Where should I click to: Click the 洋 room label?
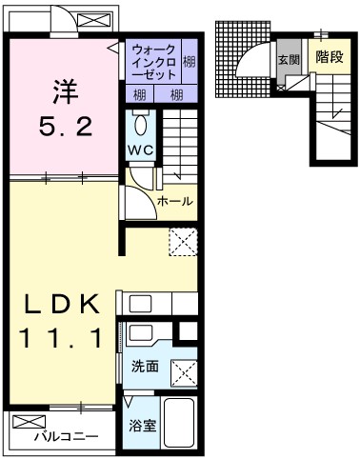(65, 93)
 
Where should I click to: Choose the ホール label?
(175, 201)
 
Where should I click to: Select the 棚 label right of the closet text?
(190, 61)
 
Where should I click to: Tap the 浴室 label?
(142, 428)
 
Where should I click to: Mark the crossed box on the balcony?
(29, 421)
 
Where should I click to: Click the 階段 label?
(328, 57)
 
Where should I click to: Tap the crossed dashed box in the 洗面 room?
(183, 367)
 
